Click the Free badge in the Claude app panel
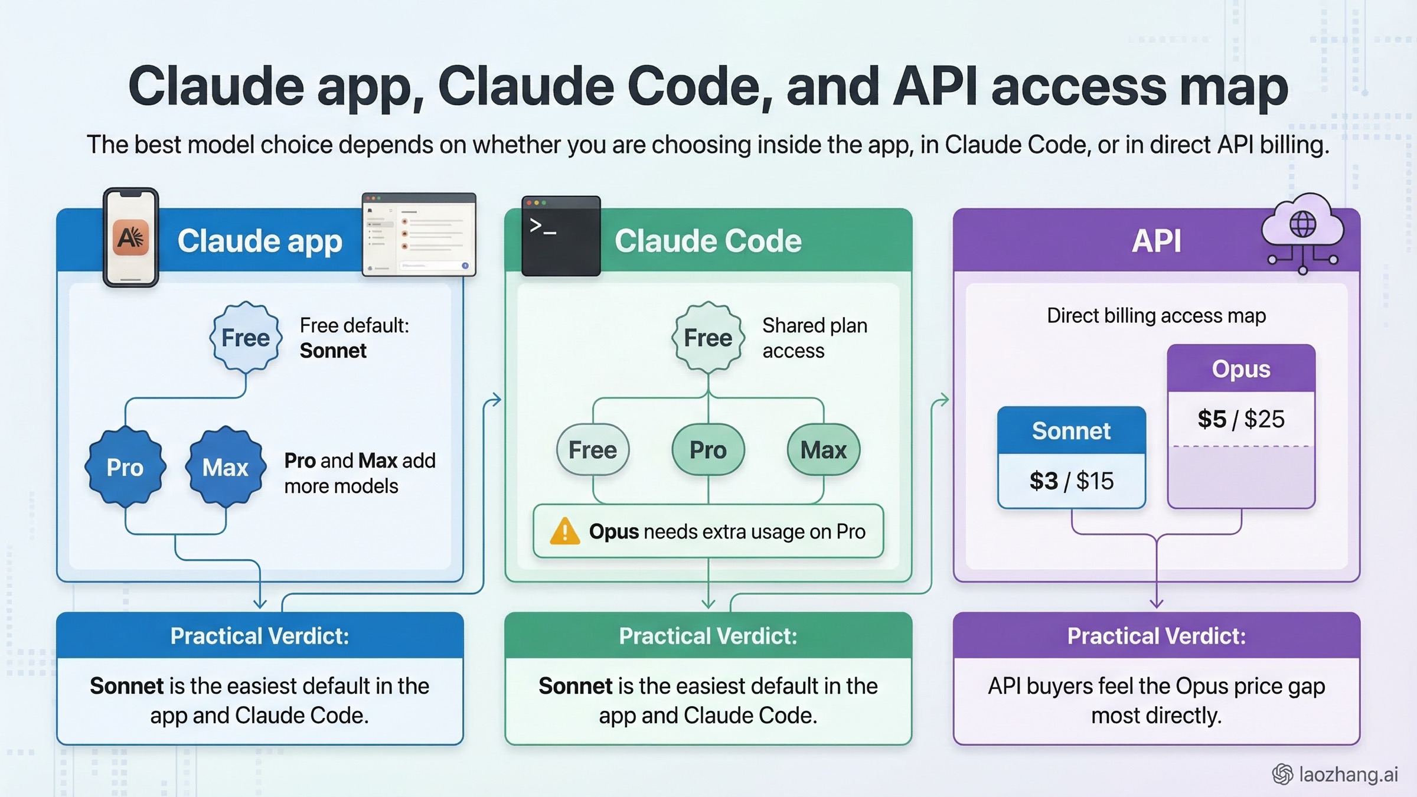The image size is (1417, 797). [x=246, y=338]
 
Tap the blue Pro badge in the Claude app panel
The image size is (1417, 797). [x=125, y=467]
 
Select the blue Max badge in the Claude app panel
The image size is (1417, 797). [x=225, y=467]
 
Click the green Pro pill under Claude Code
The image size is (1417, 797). [x=708, y=450]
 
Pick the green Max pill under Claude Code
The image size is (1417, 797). [x=823, y=450]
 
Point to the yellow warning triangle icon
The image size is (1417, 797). [x=564, y=531]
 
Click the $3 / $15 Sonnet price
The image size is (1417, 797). [x=1071, y=481]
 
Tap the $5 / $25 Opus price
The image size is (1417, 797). [x=1241, y=419]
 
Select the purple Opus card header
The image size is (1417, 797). [x=1241, y=368]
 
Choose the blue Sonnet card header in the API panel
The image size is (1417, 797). [x=1071, y=430]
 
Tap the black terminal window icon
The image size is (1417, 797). [x=561, y=236]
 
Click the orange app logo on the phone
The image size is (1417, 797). [x=130, y=238]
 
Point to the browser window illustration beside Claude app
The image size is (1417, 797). [x=419, y=234]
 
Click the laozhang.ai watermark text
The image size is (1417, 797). [x=1349, y=774]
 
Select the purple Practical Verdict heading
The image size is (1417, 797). [x=1156, y=636]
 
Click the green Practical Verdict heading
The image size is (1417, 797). [x=708, y=636]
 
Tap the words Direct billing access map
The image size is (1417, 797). [x=1156, y=316]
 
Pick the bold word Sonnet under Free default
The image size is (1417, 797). [x=333, y=351]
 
